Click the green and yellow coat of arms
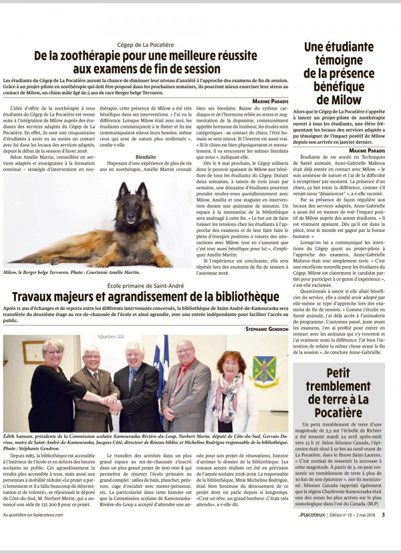(x=264, y=372)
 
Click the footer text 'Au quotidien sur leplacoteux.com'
(x=36, y=533)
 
